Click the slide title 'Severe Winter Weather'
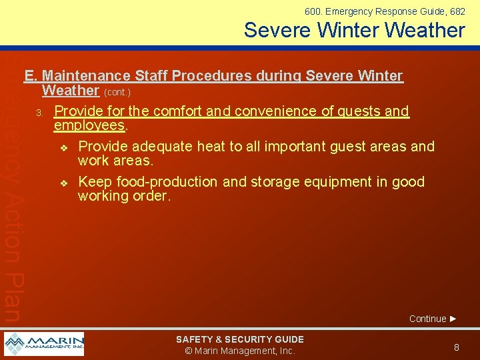[x=354, y=30]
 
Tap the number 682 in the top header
[x=457, y=11]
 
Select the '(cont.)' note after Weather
[x=117, y=92]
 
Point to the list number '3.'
[x=40, y=112]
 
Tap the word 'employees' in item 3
[x=89, y=126]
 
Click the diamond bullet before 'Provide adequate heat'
[x=64, y=147]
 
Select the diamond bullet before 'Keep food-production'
[x=64, y=183]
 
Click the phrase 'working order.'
[x=125, y=197]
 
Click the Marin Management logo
[x=44, y=344]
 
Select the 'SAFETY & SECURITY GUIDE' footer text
[x=239, y=339]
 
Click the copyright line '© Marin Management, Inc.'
[x=239, y=351]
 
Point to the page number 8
[x=457, y=347]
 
